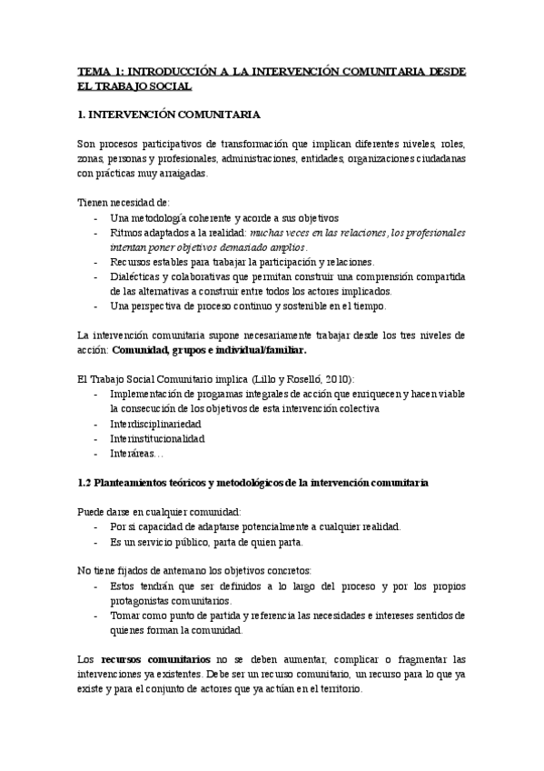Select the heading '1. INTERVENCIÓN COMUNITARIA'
click(169, 115)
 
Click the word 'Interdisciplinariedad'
click(155, 423)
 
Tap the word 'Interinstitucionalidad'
click(157, 437)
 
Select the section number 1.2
click(84, 481)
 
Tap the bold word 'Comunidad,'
click(143, 349)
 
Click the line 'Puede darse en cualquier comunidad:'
click(159, 512)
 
